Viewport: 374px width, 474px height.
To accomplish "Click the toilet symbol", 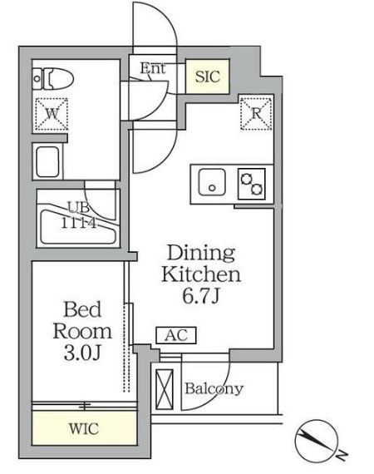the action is (53, 79).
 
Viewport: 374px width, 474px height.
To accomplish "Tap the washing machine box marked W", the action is (52, 114).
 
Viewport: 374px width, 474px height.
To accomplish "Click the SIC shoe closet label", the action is (207, 77).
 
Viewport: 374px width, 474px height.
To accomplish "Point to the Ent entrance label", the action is (153, 68).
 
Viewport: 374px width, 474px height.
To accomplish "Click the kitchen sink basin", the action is (212, 182).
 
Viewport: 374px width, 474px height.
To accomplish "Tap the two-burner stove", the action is (251, 184).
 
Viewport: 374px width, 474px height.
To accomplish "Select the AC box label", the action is (176, 335).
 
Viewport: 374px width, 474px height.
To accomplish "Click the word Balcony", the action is (214, 389).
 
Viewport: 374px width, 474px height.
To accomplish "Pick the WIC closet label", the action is (84, 428).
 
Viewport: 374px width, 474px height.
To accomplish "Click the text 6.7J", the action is (200, 296).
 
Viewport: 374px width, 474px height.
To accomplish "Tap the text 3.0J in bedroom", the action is (82, 353).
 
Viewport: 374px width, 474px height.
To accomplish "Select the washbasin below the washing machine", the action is (47, 161).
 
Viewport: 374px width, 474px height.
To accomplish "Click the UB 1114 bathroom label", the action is (79, 215).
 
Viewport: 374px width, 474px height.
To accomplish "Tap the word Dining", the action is (201, 254).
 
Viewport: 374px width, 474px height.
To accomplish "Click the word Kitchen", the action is (201, 274).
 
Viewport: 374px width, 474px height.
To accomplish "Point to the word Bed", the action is (82, 309).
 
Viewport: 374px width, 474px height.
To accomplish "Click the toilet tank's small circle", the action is (37, 79).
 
